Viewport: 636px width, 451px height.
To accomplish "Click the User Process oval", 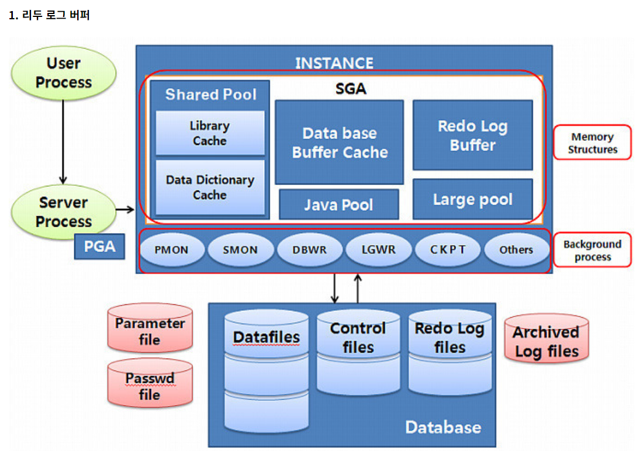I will tap(64, 73).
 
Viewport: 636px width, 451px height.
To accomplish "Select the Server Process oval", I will tap(64, 212).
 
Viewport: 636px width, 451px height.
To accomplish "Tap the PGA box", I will tap(99, 247).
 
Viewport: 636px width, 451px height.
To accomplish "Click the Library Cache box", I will tap(210, 133).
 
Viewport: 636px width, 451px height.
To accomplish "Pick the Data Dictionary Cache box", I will tap(210, 188).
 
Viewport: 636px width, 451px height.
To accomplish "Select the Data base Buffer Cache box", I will tap(339, 142).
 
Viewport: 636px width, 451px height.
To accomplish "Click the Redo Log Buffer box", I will tap(472, 135).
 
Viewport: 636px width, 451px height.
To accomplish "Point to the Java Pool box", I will tap(338, 204).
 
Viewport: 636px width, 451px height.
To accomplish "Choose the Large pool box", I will tap(472, 199).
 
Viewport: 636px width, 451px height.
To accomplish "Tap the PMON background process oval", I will tap(172, 249).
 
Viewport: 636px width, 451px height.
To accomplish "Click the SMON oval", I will tap(240, 249).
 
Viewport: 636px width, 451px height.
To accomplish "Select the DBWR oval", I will tap(309, 249).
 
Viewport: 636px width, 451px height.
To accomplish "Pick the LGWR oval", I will tap(378, 249).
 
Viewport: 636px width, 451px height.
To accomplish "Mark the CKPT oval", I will tap(448, 249).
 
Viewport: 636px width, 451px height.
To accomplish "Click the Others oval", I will tap(516, 249).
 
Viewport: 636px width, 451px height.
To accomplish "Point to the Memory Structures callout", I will tap(592, 143).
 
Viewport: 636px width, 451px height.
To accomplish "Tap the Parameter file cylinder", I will tap(150, 328).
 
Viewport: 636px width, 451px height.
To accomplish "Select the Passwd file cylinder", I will tap(150, 384).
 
